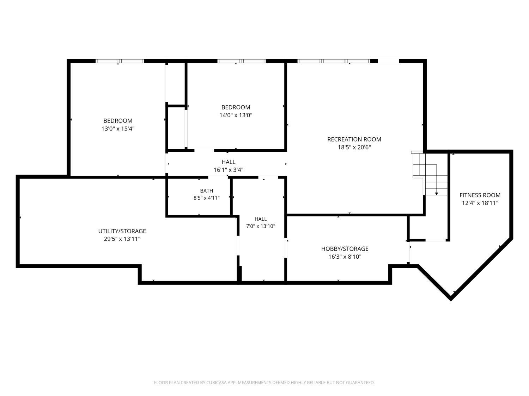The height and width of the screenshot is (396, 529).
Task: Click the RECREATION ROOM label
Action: click(x=354, y=139)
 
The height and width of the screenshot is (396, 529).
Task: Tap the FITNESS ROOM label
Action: click(x=480, y=195)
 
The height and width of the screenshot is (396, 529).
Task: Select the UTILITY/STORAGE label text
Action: click(x=122, y=231)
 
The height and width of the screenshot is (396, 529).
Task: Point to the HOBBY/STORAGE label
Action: click(x=345, y=249)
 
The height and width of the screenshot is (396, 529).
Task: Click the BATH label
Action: click(x=207, y=191)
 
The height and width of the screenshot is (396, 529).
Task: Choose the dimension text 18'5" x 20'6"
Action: click(x=354, y=147)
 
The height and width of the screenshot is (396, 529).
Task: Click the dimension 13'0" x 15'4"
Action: click(x=118, y=128)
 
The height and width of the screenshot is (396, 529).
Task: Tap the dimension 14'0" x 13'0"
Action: click(x=236, y=115)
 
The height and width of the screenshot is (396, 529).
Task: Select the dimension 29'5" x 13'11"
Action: click(x=122, y=239)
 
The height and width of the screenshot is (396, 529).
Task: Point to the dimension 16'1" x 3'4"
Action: click(x=229, y=170)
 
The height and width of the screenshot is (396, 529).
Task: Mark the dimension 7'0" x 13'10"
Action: click(x=261, y=226)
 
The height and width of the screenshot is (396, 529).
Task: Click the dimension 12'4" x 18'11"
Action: click(x=480, y=203)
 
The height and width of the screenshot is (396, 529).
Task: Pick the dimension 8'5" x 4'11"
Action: click(x=207, y=198)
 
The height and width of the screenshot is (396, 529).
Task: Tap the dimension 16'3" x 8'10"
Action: click(x=345, y=257)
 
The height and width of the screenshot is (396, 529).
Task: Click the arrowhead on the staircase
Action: click(x=437, y=194)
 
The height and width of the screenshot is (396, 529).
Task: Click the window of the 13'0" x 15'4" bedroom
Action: click(x=120, y=61)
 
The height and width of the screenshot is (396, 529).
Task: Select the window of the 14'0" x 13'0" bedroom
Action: click(x=242, y=61)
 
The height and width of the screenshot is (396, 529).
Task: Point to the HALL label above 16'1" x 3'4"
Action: click(x=229, y=162)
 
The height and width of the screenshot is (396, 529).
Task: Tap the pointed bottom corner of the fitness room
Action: click(x=451, y=300)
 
